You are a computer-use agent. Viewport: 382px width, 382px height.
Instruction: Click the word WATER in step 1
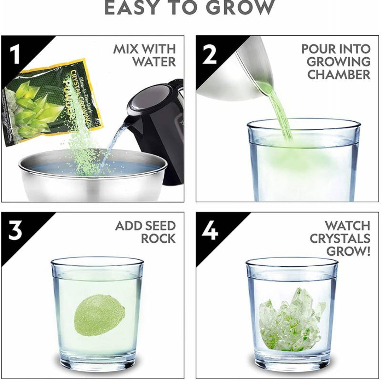(x=154, y=62)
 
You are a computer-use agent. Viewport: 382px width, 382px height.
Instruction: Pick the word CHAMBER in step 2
(x=339, y=75)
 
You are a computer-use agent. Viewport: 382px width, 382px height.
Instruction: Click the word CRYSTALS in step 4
(x=340, y=238)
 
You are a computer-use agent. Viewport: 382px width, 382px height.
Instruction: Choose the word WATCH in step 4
(x=347, y=225)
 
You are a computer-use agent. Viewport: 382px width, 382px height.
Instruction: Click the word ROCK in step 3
(x=158, y=239)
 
